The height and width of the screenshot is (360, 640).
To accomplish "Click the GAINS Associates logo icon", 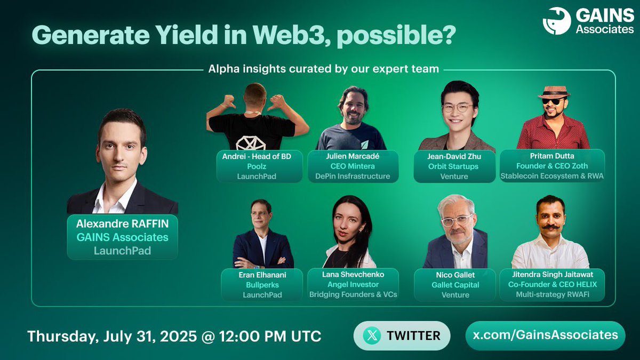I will pos(557,21).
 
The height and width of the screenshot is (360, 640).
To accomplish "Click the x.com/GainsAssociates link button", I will pos(545,335).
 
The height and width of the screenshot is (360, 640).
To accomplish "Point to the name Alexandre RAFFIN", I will pos(122,224).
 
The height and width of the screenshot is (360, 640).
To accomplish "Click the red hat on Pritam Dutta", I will pos(554,92).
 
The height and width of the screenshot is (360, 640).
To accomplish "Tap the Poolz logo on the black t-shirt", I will pos(251,142).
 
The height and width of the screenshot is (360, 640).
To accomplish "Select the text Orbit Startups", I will pos(454,166).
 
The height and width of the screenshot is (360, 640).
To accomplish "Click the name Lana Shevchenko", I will pos(353,274).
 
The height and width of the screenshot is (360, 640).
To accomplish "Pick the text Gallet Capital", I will pos(455,284).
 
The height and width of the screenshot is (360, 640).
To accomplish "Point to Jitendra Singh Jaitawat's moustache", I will pos(550,226).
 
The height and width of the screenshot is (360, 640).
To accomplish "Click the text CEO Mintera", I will pos(353,166).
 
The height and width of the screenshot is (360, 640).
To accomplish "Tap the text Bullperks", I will pos(262,284).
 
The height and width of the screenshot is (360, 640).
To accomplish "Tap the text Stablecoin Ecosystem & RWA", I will pos(552,176).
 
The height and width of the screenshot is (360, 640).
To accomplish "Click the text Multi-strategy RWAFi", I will pos(552,294).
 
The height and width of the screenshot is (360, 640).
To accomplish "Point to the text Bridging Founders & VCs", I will pos(353,294).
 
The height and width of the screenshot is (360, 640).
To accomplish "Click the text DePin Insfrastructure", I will pos(353,176).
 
